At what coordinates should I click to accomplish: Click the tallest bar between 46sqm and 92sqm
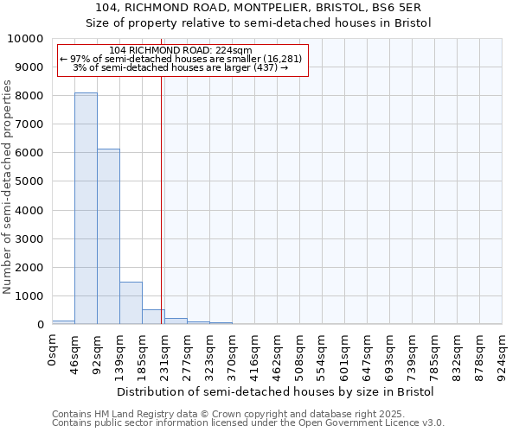tap(86, 208)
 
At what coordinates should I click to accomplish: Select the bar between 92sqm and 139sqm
tap(108, 237)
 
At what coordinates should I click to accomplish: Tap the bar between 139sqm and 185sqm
tap(131, 302)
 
